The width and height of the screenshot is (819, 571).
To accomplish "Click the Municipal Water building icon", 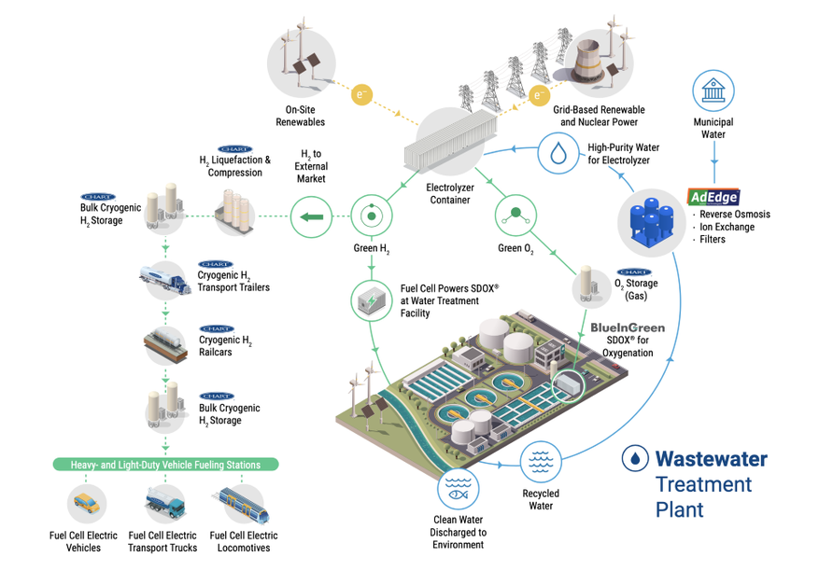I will point(713,91).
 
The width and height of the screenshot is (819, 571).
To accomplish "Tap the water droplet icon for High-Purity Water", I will point(558,153).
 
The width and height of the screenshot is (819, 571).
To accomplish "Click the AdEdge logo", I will point(713,196).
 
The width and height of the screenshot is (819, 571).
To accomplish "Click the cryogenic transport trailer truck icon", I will point(165,278).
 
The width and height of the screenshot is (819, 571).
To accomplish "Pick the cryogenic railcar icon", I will point(165,344).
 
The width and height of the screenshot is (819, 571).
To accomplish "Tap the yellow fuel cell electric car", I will point(85,503).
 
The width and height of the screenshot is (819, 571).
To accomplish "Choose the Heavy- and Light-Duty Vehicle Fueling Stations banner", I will point(164,464).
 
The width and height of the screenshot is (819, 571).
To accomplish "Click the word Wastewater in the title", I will point(711,459).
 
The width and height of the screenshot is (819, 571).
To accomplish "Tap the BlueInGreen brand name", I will point(628,328).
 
